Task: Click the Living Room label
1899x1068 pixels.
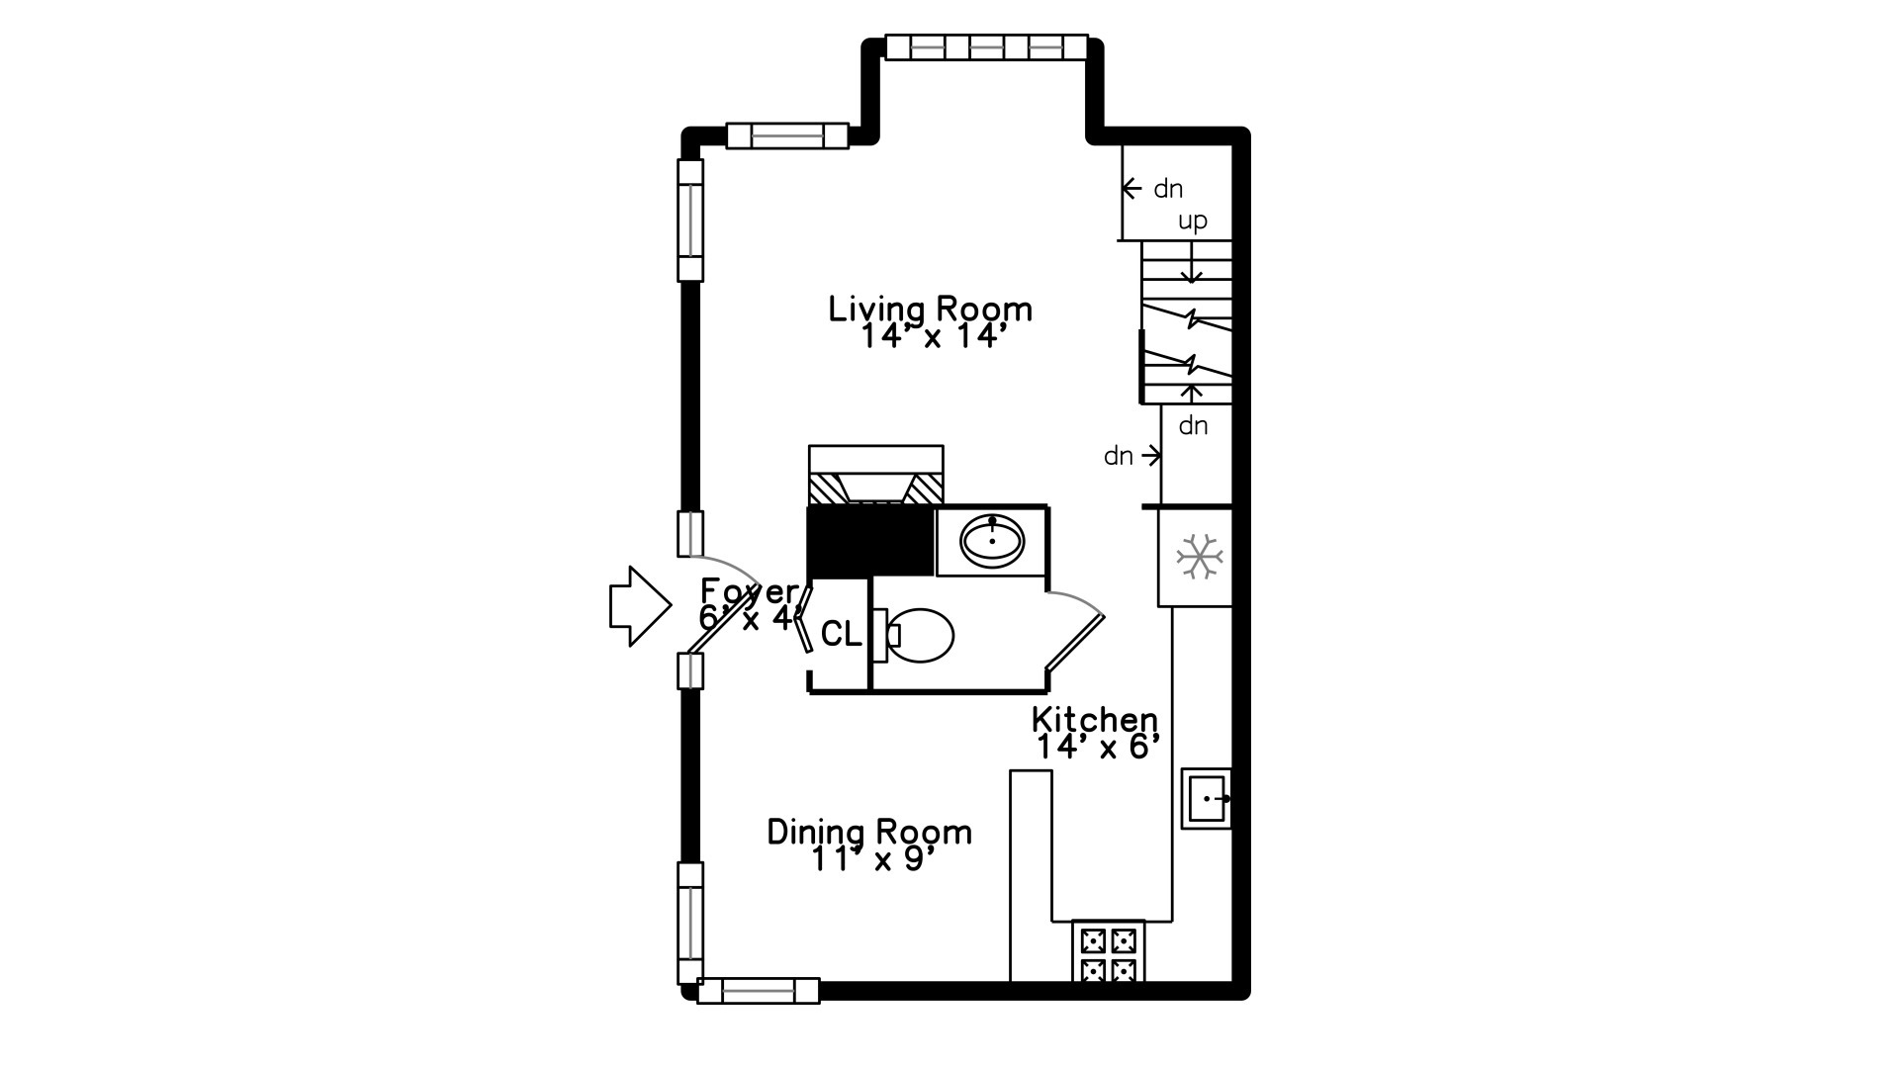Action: click(x=930, y=309)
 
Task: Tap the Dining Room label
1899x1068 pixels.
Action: click(x=869, y=832)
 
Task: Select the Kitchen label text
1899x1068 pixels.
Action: click(x=1094, y=719)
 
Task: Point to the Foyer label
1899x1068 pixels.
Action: click(x=749, y=591)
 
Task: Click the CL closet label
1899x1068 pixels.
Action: click(x=841, y=634)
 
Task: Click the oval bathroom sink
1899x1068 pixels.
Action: click(x=992, y=541)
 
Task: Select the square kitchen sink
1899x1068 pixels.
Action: click(x=1207, y=798)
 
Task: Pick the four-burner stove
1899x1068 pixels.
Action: click(x=1108, y=953)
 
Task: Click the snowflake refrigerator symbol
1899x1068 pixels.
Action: click(x=1199, y=557)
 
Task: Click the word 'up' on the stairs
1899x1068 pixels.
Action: click(x=1192, y=221)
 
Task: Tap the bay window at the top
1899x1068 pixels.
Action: click(x=986, y=46)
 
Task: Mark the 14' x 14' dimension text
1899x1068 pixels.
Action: click(x=933, y=337)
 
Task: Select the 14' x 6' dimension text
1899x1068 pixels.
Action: click(x=1097, y=747)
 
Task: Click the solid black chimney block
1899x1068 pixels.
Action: click(x=871, y=541)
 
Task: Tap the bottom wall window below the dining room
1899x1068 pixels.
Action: click(x=758, y=990)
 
